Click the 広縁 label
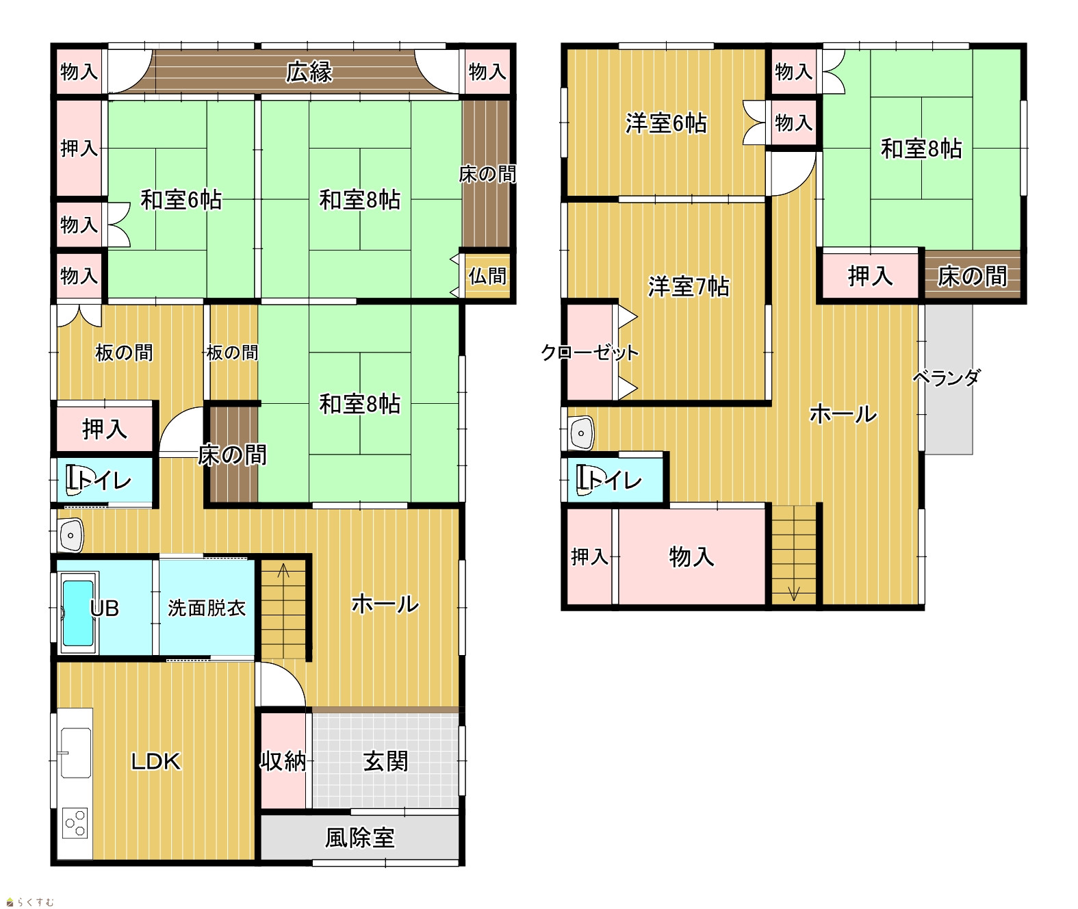coord(309,72)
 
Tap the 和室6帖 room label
coord(181,200)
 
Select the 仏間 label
coord(487,276)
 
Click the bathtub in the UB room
coord(78,613)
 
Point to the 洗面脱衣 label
coord(207,608)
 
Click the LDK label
coord(155,762)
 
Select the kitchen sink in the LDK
coord(76,753)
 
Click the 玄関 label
coord(385,761)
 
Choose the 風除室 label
coord(359,838)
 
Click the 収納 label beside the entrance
coord(283,761)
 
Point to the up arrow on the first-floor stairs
coord(283,569)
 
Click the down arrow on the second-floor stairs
coord(794,594)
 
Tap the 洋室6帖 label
coord(666,123)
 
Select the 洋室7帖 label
coord(688,287)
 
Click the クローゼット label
coord(589,353)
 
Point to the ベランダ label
coord(946,378)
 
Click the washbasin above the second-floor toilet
coord(581,433)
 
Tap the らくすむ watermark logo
coord(30,902)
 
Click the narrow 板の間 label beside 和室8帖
coord(232,353)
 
